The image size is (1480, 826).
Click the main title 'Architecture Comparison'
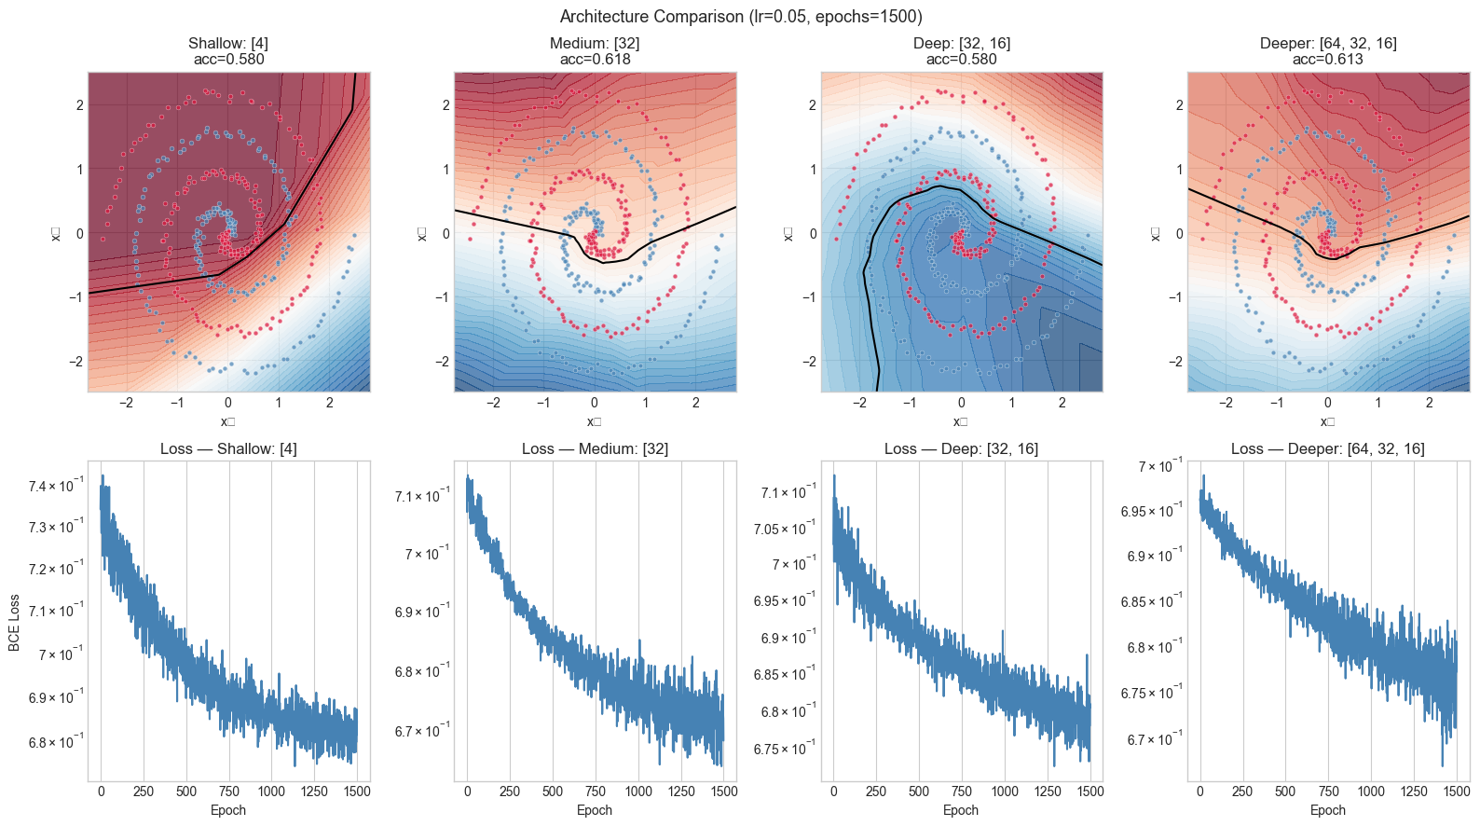point(740,17)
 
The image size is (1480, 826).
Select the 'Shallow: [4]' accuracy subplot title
point(228,51)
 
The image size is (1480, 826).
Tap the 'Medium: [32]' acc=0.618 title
point(595,51)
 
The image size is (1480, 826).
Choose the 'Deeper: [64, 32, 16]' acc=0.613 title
point(1327,51)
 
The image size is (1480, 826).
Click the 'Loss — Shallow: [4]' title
point(228,448)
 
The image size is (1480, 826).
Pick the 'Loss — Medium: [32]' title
point(595,448)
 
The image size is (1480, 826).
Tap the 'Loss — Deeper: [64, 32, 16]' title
point(1327,448)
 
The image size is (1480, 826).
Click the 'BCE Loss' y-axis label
point(14,623)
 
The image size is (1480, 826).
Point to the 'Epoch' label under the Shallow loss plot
point(228,809)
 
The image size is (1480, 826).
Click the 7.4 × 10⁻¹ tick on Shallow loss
point(56,486)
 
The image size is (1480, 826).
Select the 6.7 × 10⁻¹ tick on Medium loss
point(422,731)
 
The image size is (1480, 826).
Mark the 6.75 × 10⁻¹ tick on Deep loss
point(785,749)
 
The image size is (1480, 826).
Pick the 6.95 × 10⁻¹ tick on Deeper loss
point(1151,511)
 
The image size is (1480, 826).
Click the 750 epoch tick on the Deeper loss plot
point(1329,792)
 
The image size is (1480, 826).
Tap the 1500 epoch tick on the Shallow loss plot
point(357,792)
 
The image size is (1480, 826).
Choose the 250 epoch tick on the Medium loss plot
point(510,792)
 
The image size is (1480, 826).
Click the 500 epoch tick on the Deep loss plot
point(919,792)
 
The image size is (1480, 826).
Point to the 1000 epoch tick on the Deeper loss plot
point(1371,792)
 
